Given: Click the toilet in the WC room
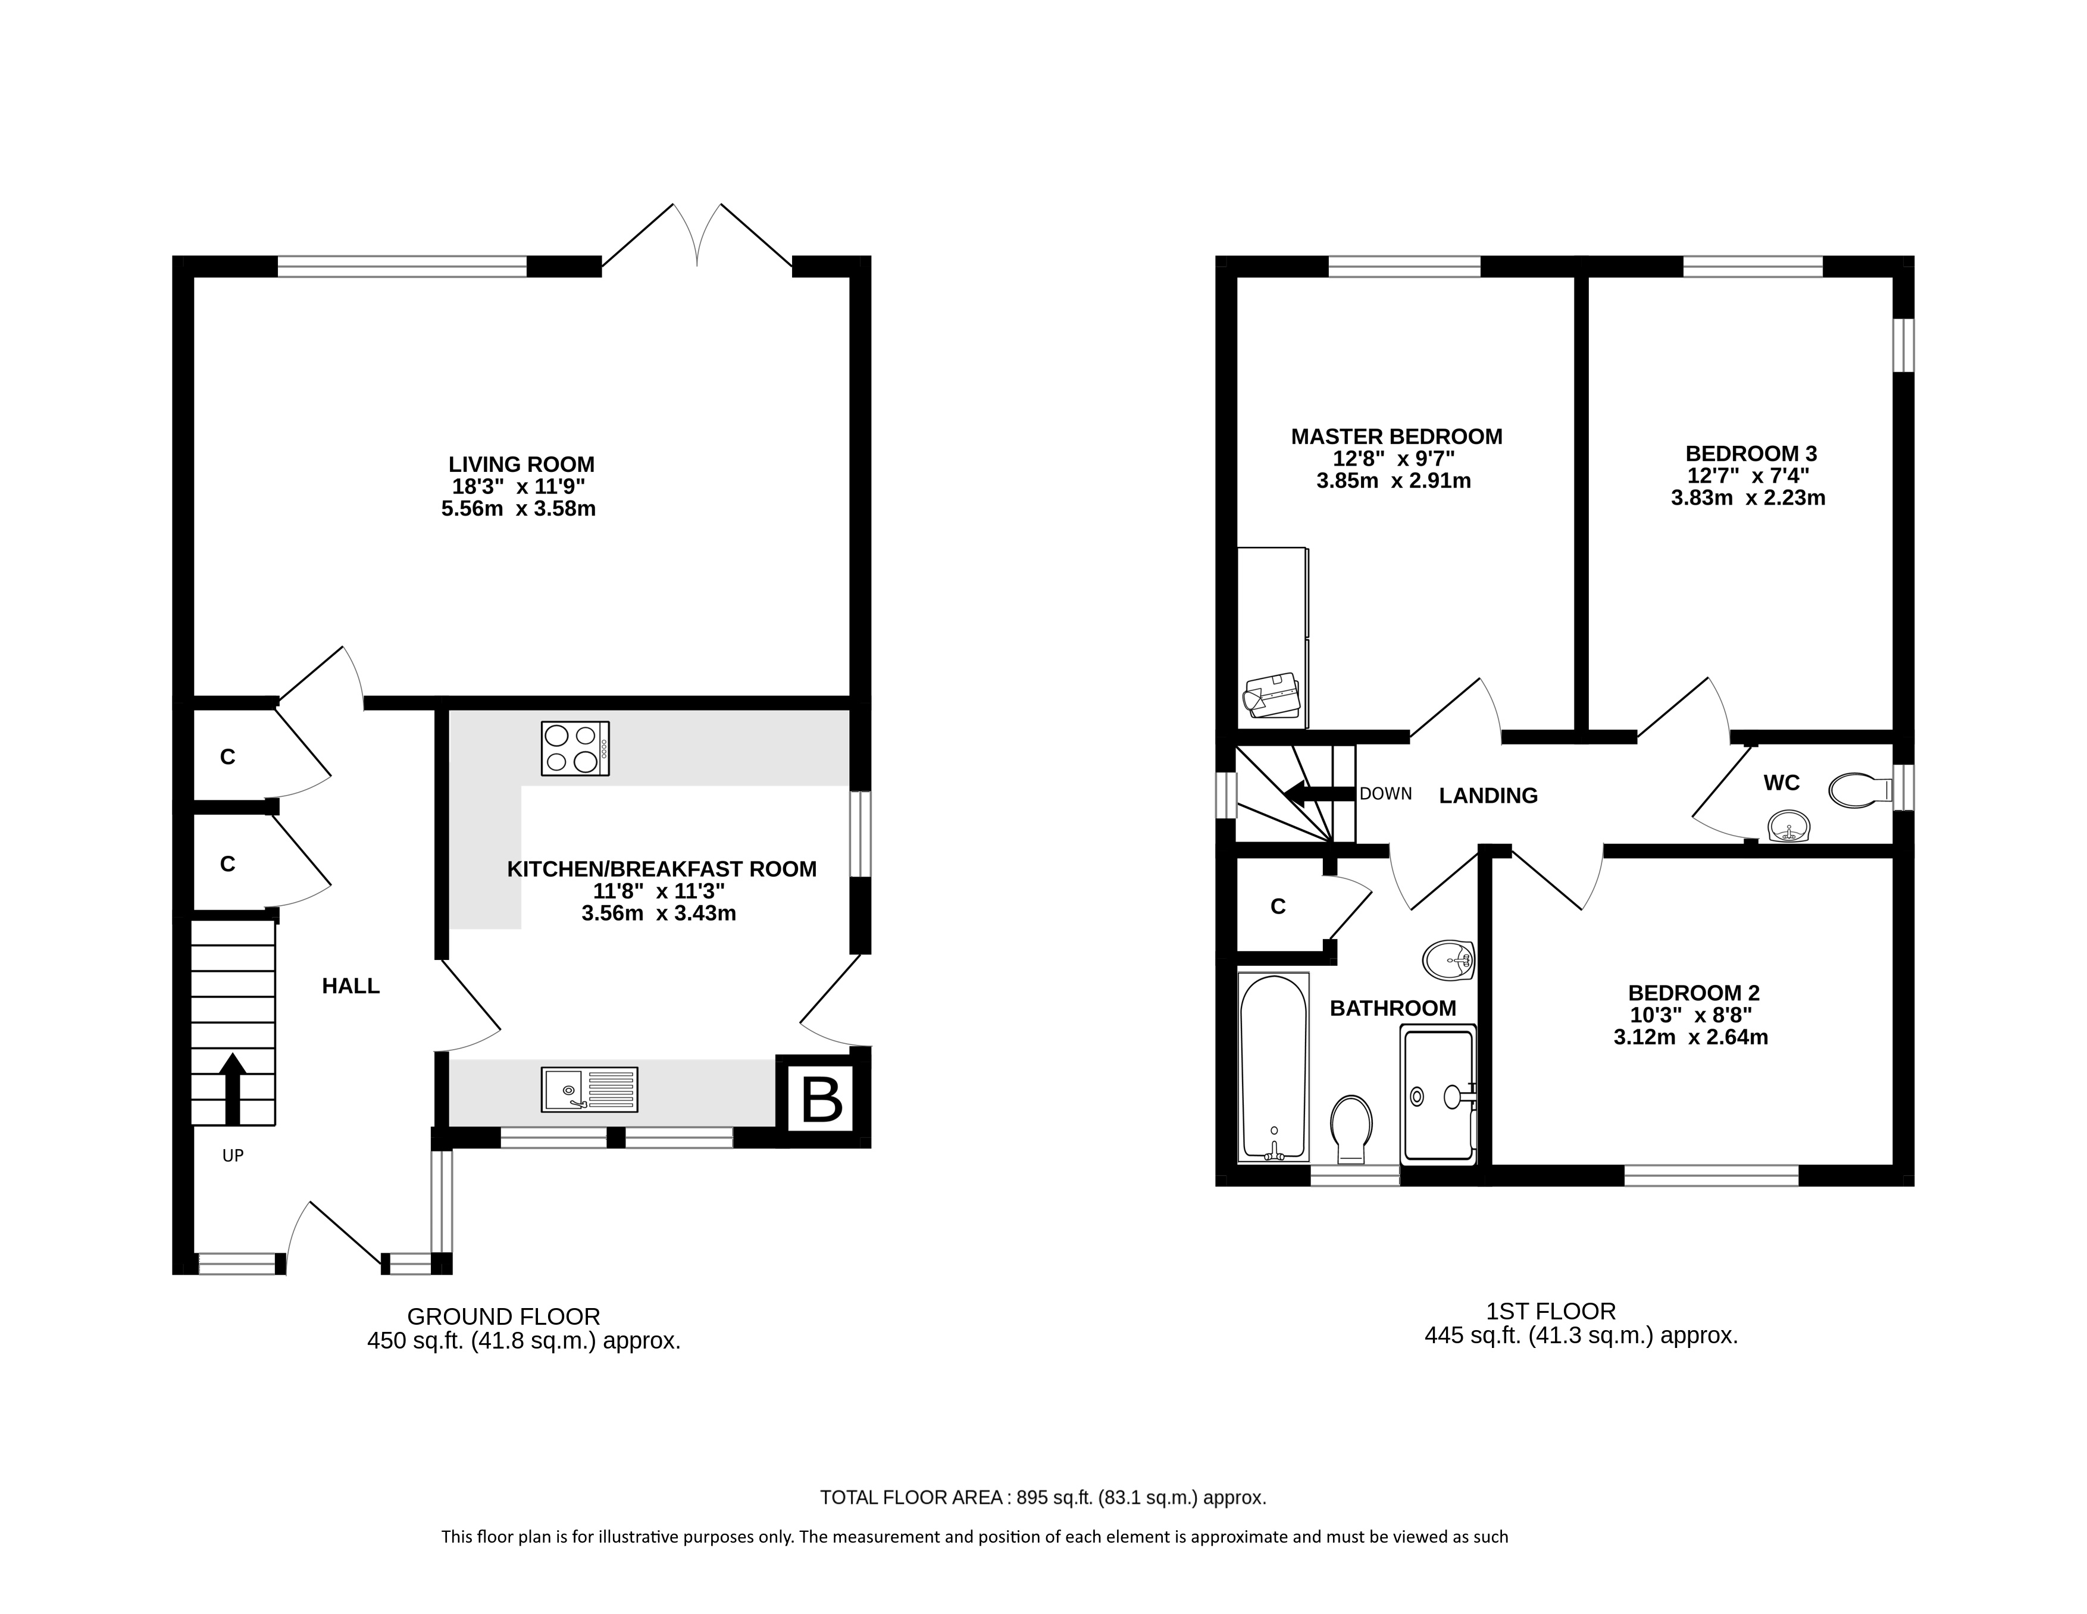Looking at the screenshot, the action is pos(1860,790).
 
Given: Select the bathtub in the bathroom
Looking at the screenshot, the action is pos(1273,1068).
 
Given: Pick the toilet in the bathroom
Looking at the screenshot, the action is pos(1351,1128).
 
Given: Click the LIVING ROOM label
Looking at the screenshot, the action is pos(522,464).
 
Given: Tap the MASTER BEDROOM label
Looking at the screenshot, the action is pos(1396,437).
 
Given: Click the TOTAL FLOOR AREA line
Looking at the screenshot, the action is pos(1043,1497).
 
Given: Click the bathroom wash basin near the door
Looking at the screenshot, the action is pos(1448,959).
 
